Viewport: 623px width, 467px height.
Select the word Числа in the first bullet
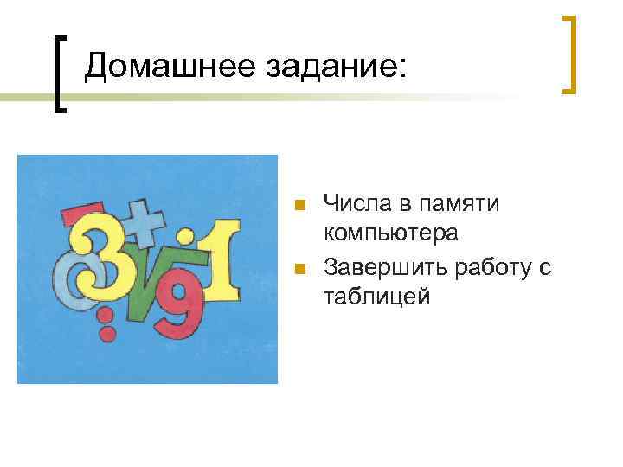coord(356,205)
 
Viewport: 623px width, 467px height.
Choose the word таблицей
coord(376,297)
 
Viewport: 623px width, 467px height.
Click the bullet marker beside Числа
coord(299,206)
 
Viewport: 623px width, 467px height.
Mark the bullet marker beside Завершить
coord(299,269)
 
